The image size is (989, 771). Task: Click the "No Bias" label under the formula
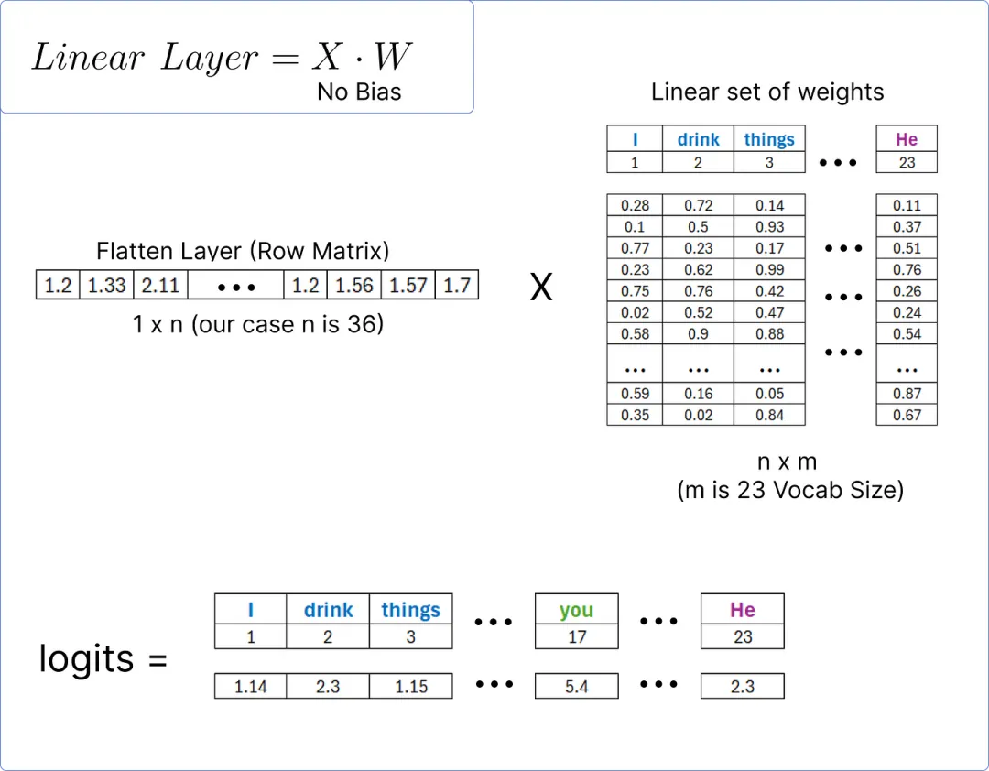359,92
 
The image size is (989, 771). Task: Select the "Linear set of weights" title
767,92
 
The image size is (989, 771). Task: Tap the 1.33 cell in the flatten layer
106,286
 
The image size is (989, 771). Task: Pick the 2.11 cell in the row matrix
160,286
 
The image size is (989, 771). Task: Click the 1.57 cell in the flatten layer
408,286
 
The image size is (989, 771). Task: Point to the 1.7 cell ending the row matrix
456,286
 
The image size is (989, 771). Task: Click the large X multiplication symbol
541,288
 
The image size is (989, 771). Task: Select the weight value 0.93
769,227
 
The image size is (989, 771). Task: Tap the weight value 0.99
769,270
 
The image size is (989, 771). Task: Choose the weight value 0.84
769,415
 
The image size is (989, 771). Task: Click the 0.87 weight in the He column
907,394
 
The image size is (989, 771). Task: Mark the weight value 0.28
635,206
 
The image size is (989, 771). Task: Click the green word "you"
576,610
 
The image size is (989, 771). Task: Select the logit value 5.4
576,686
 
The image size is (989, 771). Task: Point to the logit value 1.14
250,686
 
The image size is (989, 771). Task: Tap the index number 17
576,636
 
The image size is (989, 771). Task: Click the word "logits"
87,658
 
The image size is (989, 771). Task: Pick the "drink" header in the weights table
698,139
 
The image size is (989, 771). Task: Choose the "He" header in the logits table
742,610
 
